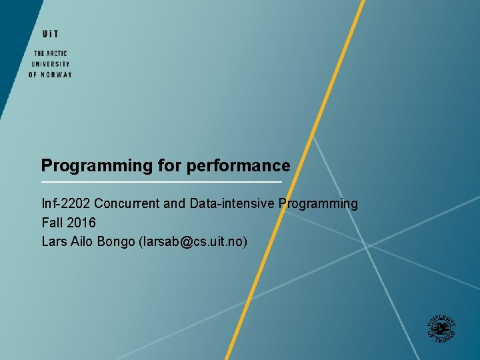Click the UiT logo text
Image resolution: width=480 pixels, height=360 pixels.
(50, 34)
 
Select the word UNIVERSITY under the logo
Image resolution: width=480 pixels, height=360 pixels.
(50, 64)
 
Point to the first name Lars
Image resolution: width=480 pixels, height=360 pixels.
(54, 241)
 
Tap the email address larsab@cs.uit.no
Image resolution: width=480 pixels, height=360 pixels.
(193, 241)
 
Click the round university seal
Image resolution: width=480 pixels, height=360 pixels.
(441, 327)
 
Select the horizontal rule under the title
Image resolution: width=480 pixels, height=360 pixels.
(161, 182)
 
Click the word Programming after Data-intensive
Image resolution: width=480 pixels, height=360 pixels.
(318, 203)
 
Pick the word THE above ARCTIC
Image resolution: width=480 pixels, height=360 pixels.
(39, 53)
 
